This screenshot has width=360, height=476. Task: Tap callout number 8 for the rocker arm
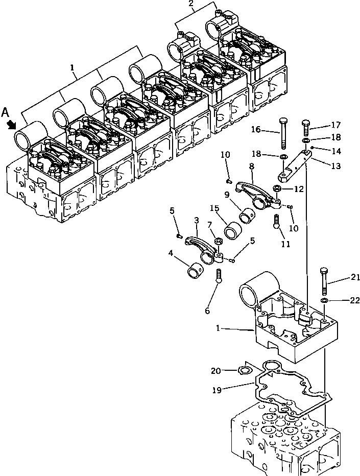(251, 166)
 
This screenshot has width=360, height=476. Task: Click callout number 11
(285, 244)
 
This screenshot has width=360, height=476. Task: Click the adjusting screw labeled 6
(219, 276)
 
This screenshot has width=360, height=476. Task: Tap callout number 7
(209, 225)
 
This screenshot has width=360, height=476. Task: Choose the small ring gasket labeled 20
(246, 370)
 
